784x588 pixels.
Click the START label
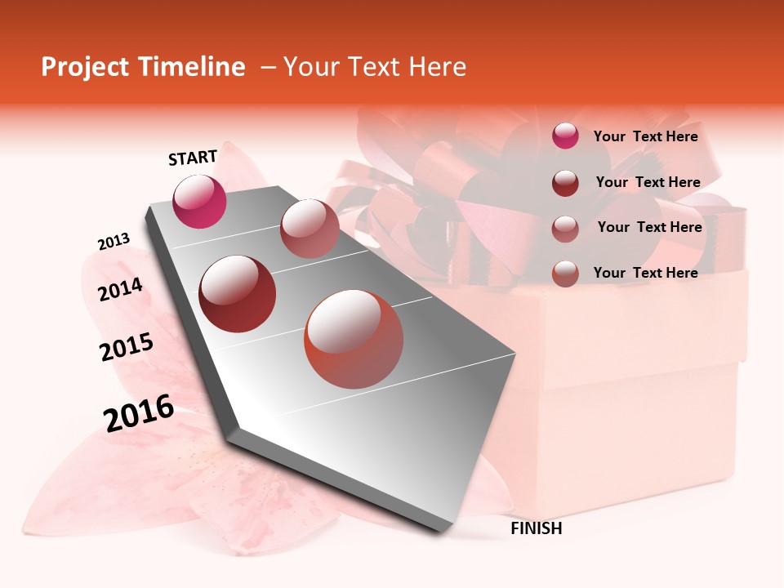[193, 158]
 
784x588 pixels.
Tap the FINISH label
[536, 528]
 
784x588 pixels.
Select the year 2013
[114, 242]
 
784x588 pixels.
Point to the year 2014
[120, 289]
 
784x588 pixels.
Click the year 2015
[127, 347]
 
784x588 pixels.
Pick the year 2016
[139, 412]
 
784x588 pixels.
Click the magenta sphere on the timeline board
[199, 201]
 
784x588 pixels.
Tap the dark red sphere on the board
[238, 294]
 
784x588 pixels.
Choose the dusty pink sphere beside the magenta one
[310, 229]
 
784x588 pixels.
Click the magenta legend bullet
[565, 136]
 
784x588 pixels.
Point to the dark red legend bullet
[565, 183]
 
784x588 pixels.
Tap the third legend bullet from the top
[565, 228]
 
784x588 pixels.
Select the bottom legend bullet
[565, 274]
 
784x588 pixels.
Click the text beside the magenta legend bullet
[645, 136]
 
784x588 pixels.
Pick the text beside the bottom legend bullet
[645, 273]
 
